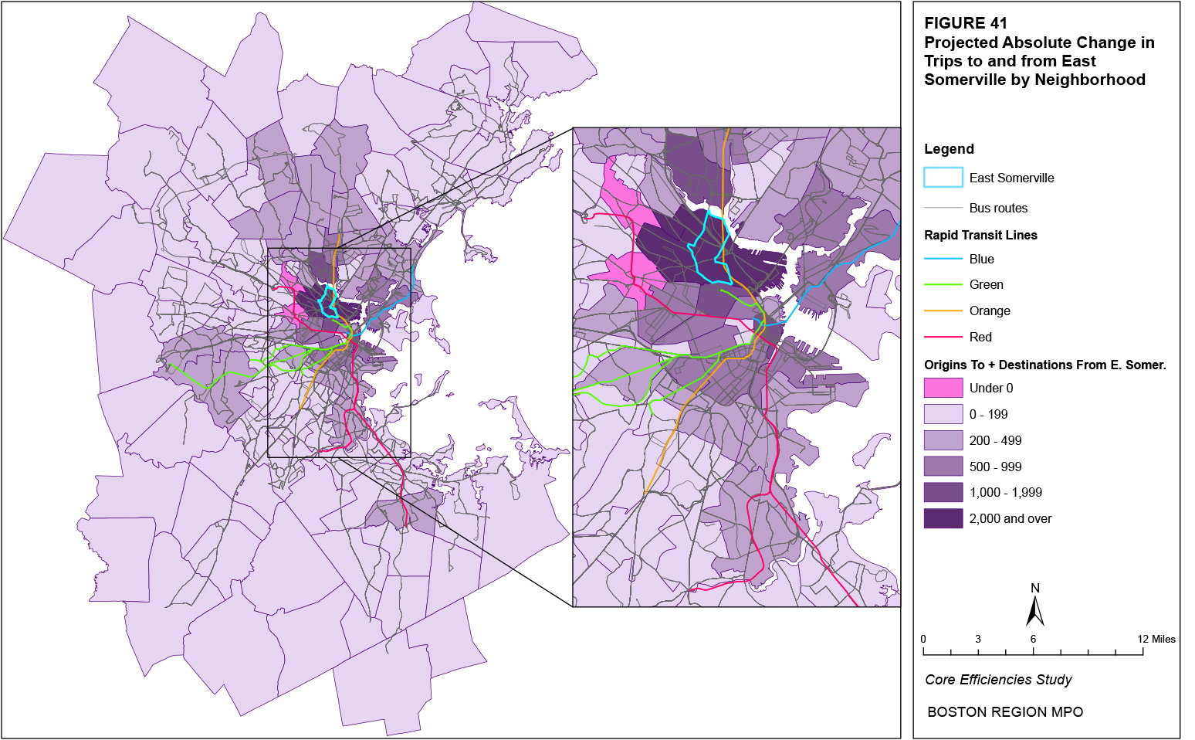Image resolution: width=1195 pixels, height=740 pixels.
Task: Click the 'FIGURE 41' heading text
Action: [965, 23]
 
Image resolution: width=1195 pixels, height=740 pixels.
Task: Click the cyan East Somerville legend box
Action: [943, 178]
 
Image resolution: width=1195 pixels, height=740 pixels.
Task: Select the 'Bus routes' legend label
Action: [998, 208]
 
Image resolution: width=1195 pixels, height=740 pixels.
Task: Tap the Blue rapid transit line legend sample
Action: [943, 259]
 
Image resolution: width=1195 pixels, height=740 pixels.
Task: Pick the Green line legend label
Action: [986, 285]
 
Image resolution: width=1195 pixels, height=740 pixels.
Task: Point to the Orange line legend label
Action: [989, 311]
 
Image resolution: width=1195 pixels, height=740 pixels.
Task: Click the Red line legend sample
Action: [943, 337]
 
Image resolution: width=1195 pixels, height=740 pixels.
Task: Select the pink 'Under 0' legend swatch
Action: [943, 388]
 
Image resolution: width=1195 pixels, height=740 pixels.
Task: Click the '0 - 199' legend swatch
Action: [943, 414]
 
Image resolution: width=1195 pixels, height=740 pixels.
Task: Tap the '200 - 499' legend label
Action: [995, 440]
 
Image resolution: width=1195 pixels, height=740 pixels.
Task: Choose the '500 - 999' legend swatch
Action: [943, 467]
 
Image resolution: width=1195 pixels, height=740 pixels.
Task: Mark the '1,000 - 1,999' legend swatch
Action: [943, 492]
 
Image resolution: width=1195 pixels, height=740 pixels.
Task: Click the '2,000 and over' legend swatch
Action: [943, 518]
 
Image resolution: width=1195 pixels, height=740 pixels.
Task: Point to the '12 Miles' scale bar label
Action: [1156, 639]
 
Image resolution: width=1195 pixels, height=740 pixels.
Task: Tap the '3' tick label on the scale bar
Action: [977, 639]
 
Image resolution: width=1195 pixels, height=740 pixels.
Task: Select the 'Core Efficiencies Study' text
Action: [998, 680]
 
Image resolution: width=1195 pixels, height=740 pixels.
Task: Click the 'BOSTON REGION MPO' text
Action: [1004, 712]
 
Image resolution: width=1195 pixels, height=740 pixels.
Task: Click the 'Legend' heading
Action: [949, 149]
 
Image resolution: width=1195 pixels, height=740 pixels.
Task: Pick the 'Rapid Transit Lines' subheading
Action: [980, 235]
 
